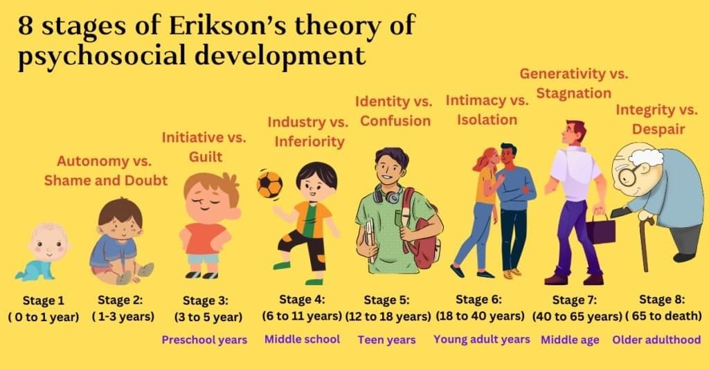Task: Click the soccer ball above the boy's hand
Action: (269, 185)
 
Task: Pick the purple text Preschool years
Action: (204, 340)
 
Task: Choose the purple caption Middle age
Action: (570, 340)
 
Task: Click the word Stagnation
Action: (575, 93)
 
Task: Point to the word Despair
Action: (658, 129)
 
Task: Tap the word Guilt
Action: (206, 157)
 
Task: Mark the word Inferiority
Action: (309, 142)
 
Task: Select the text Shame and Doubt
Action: (106, 181)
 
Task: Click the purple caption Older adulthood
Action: (656, 340)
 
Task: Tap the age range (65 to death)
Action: (661, 316)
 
